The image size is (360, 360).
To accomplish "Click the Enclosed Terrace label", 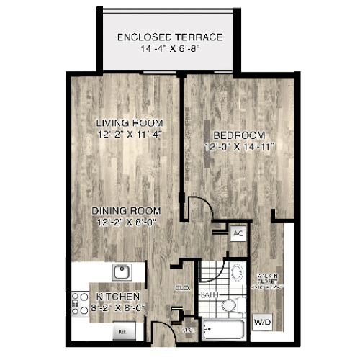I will click(170, 37).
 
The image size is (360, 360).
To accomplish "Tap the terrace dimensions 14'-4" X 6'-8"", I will click(170, 50).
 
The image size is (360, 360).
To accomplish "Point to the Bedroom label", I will click(239, 135).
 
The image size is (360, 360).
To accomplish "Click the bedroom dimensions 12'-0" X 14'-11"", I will click(239, 146).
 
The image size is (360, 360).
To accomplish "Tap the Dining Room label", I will click(126, 210).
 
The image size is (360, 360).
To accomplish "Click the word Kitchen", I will click(114, 296).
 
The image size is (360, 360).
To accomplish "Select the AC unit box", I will click(238, 234).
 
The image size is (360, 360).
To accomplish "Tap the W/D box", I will click(261, 320).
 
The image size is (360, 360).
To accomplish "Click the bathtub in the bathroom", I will click(225, 330).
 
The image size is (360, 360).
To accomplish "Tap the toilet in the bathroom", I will click(235, 276).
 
